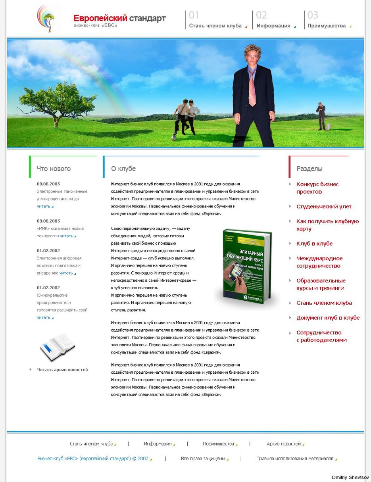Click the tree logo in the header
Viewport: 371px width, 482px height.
(x=47, y=19)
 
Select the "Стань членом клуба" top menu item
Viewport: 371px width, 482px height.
(x=215, y=26)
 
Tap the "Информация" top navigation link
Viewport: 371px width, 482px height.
(x=273, y=26)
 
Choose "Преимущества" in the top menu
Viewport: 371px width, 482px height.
(x=327, y=26)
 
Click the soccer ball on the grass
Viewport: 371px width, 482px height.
(x=174, y=138)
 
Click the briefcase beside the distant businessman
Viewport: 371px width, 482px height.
(x=329, y=127)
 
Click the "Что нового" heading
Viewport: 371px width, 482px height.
(x=54, y=169)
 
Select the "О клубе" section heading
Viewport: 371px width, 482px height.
(x=123, y=169)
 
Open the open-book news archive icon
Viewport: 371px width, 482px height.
(x=58, y=347)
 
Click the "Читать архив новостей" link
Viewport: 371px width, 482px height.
(x=62, y=370)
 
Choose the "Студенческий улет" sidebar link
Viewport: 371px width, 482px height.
(x=324, y=207)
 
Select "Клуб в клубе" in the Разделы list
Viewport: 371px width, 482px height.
(x=314, y=244)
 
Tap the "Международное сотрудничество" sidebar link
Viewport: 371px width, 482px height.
(x=319, y=262)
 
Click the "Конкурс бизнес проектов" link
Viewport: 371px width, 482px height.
(x=317, y=188)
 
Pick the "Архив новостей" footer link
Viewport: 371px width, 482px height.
(x=284, y=444)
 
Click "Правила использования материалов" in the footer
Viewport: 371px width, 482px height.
(x=294, y=459)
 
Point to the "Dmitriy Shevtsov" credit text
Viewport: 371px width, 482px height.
(x=350, y=478)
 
